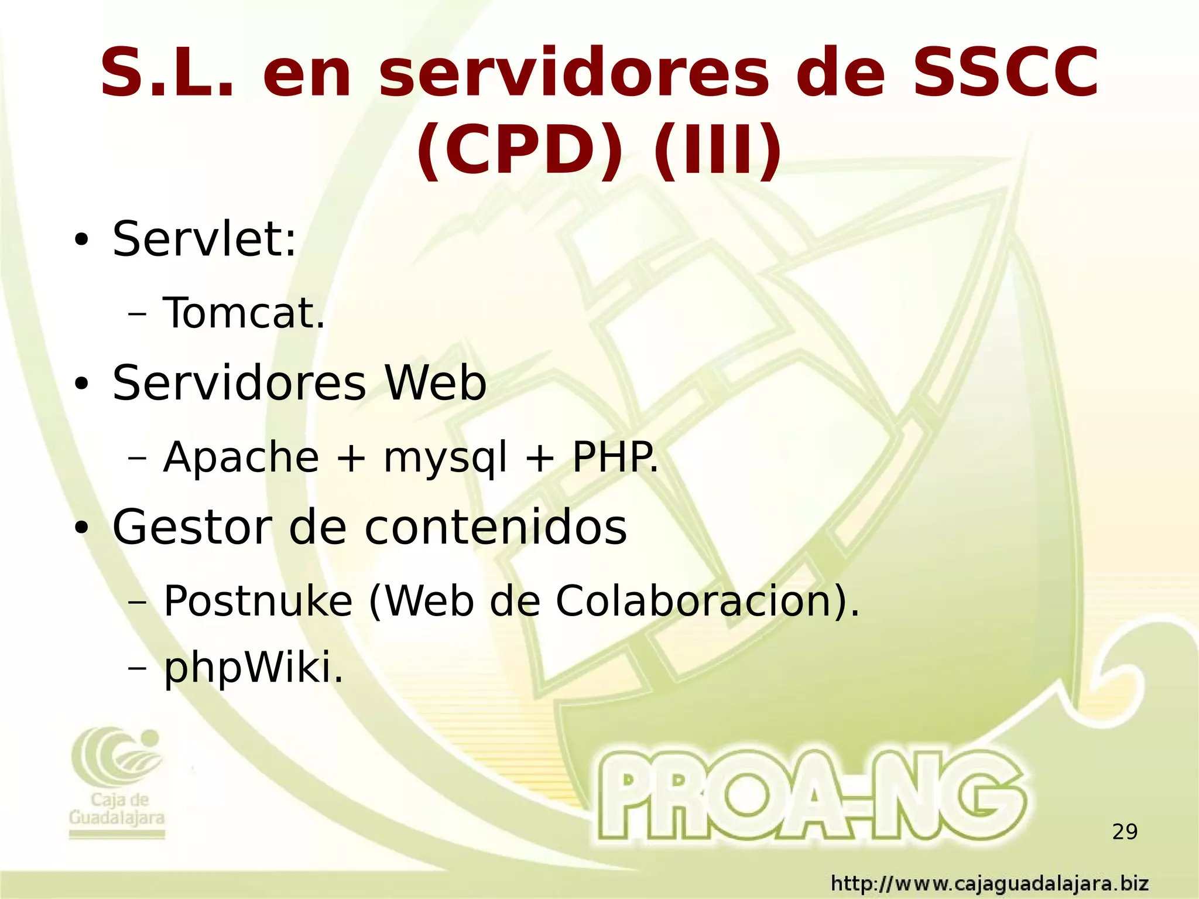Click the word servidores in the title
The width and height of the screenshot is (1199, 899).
573,74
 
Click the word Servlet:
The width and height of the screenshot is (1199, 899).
204,239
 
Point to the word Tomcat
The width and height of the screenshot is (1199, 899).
244,313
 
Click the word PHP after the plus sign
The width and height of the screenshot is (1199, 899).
614,457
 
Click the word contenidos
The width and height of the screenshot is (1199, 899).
495,527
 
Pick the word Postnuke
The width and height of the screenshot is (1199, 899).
258,601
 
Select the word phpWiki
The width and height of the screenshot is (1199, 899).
252,669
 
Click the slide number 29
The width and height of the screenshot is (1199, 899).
1125,832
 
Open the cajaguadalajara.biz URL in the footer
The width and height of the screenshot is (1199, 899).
990,883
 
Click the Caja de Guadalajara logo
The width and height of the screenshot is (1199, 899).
117,782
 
